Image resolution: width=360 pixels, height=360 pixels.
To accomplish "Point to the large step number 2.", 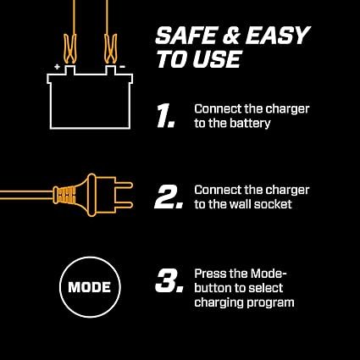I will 169,197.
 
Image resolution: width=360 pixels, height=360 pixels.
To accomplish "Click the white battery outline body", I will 86,97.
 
